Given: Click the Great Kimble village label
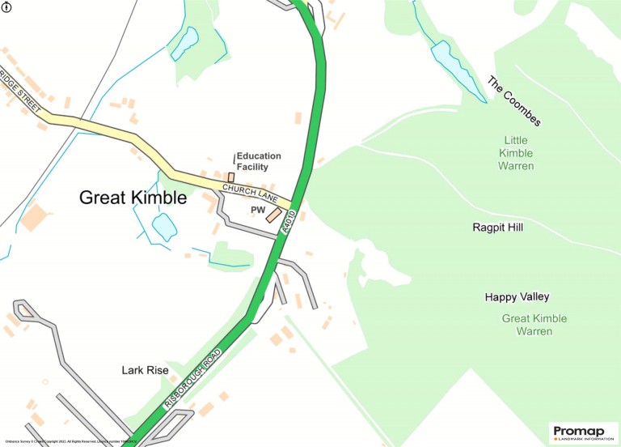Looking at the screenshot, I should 133,198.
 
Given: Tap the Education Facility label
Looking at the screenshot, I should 258,161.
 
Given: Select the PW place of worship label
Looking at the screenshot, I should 258,210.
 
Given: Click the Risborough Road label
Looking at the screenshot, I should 192,380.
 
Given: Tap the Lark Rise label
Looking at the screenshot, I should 145,370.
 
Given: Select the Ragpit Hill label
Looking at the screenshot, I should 497,228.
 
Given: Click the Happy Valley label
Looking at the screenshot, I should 517,297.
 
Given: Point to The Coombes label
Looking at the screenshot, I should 513,101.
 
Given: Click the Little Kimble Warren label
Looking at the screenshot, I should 516,153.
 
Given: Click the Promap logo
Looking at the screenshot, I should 583,432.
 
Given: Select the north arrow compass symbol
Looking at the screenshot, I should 7,7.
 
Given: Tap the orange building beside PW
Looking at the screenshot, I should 274,215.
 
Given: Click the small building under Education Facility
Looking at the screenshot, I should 230,177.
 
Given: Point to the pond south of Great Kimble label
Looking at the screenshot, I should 163,227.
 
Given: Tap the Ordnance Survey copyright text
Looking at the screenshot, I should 69,441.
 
